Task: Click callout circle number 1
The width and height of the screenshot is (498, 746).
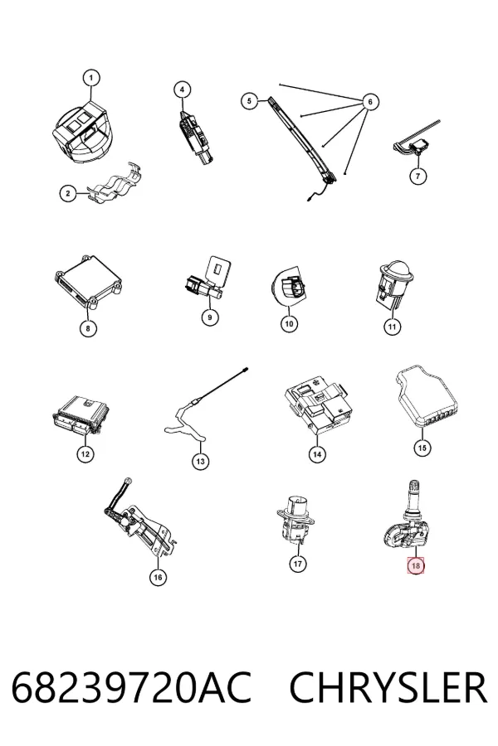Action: click(x=91, y=78)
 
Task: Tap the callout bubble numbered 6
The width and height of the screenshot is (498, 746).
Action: click(x=370, y=101)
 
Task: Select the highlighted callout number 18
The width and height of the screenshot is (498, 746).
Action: click(x=416, y=565)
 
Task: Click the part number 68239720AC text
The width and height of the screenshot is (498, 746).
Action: click(x=131, y=687)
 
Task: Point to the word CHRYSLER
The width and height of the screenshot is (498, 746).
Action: click(x=388, y=687)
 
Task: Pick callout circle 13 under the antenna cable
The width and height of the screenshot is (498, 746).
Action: click(x=200, y=461)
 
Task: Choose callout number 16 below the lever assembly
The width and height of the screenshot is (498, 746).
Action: click(x=158, y=577)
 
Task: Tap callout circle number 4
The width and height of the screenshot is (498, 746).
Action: click(x=182, y=90)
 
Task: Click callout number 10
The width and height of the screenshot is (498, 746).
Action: click(x=289, y=324)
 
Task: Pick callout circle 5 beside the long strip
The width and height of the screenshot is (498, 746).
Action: click(x=249, y=101)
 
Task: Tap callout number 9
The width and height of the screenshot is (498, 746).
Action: click(x=210, y=317)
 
